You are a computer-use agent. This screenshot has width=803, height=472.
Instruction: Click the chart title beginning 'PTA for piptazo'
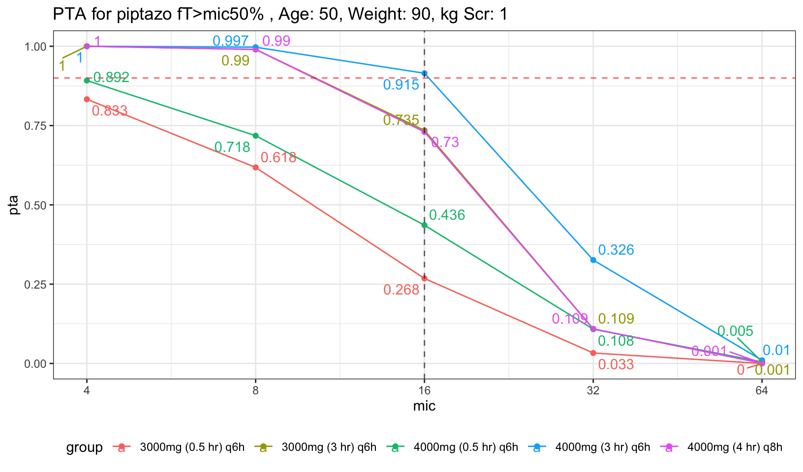(280, 15)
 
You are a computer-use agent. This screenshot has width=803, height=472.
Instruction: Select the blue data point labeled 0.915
(425, 73)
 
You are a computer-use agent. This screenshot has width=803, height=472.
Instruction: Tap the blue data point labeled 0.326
(593, 260)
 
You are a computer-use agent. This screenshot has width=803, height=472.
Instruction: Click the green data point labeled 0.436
(425, 225)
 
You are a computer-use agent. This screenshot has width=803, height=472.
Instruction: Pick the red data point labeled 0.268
(425, 278)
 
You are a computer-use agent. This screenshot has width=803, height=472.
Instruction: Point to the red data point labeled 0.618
(256, 167)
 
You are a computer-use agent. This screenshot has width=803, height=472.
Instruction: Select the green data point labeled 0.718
(256, 136)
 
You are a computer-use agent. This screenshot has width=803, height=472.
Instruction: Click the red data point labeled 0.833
(87, 99)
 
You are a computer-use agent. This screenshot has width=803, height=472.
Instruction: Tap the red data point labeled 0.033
(593, 353)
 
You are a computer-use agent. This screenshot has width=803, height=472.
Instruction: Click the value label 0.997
(231, 41)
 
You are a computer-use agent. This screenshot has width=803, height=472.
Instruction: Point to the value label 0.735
(401, 120)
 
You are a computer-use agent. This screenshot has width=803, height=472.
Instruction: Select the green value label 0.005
(735, 331)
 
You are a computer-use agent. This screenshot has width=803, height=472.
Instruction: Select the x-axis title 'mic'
(424, 407)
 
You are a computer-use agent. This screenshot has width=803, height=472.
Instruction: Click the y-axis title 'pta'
(14, 205)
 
